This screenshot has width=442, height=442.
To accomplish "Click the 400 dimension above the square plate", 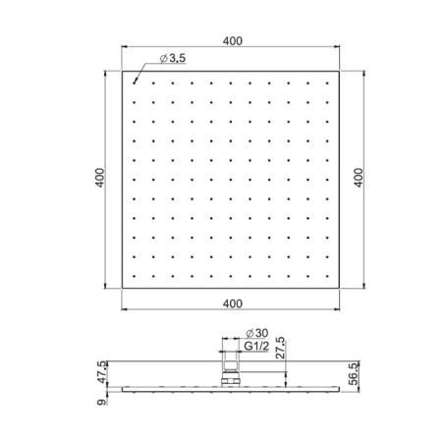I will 231,41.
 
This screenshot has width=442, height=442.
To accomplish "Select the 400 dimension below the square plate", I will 231,304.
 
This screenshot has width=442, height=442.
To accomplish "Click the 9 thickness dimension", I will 101,399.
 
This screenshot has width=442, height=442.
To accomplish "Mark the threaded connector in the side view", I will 232,375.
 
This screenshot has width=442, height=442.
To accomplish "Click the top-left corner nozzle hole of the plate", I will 133,83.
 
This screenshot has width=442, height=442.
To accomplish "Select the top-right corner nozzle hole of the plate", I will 329,83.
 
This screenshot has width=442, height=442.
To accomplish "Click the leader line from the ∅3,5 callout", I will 140,72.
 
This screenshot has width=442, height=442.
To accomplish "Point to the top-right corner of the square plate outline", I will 340,72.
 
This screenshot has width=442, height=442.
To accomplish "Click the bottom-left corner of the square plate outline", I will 122,289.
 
